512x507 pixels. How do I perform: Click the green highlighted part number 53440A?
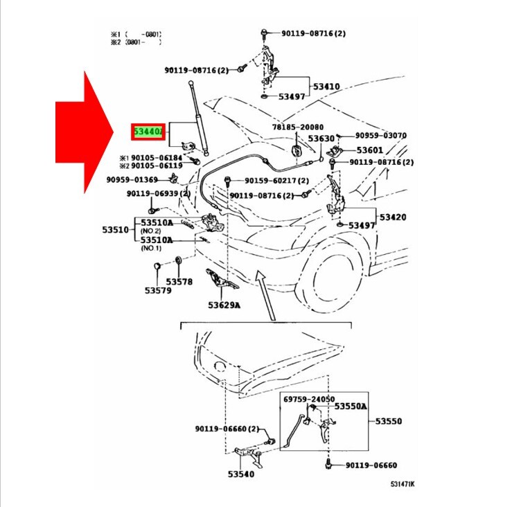[148, 131]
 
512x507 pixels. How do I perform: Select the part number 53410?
[326, 87]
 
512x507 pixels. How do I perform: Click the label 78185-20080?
[297, 127]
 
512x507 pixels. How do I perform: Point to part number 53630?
[322, 139]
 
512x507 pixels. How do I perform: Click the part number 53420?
[392, 217]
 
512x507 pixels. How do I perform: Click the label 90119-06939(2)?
[153, 193]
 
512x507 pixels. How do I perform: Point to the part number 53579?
[157, 290]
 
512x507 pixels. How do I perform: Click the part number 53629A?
[223, 305]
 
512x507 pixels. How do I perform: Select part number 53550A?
[351, 406]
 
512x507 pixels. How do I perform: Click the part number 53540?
[240, 474]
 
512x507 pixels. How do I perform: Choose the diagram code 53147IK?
[403, 485]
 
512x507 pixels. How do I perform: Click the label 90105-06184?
[154, 157]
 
